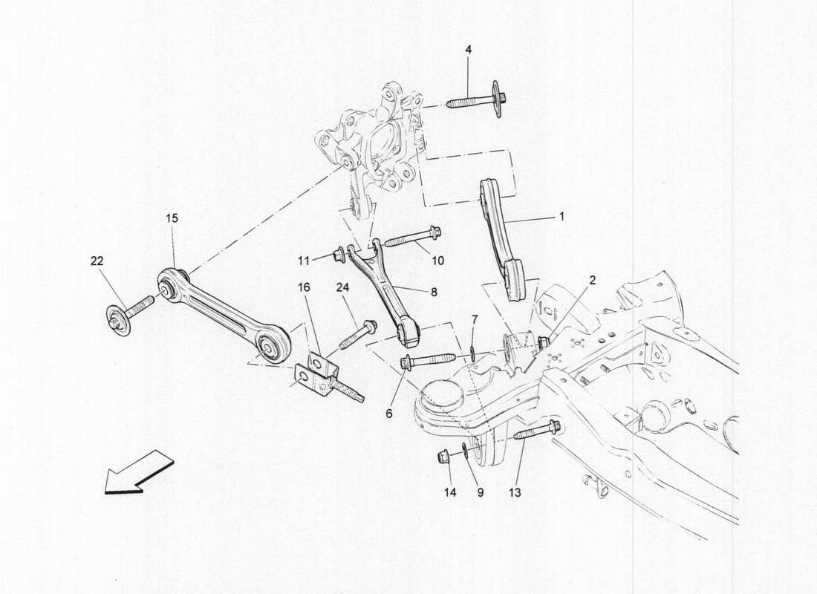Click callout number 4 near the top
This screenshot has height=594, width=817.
tap(468, 50)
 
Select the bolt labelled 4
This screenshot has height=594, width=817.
tap(479, 101)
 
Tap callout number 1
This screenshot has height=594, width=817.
tap(562, 217)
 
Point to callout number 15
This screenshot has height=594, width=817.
tap(172, 218)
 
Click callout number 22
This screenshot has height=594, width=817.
tap(97, 261)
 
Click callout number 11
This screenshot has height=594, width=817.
tap(304, 260)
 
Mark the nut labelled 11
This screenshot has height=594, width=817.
tap(338, 255)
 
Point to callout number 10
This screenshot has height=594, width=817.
tap(438, 260)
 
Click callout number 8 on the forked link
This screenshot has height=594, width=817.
tap(434, 293)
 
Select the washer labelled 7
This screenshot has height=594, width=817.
tap(472, 347)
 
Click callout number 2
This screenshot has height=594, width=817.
tap(593, 280)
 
